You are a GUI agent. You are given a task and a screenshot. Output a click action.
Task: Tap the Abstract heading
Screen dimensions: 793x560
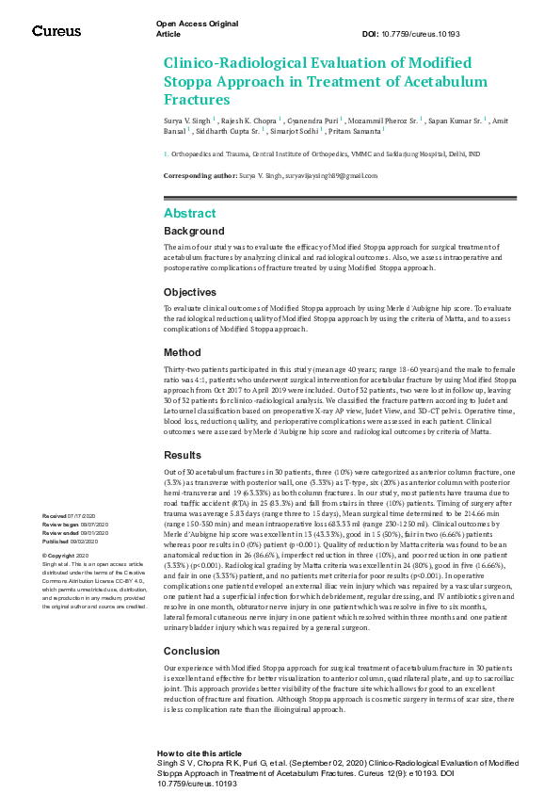189,214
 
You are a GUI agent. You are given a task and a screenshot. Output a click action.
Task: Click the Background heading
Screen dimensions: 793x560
194,231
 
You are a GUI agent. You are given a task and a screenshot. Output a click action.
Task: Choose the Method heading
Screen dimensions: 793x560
182,353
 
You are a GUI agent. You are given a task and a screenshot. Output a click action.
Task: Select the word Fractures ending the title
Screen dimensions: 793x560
190,99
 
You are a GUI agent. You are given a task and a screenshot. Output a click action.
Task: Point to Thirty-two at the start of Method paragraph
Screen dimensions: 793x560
182,370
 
